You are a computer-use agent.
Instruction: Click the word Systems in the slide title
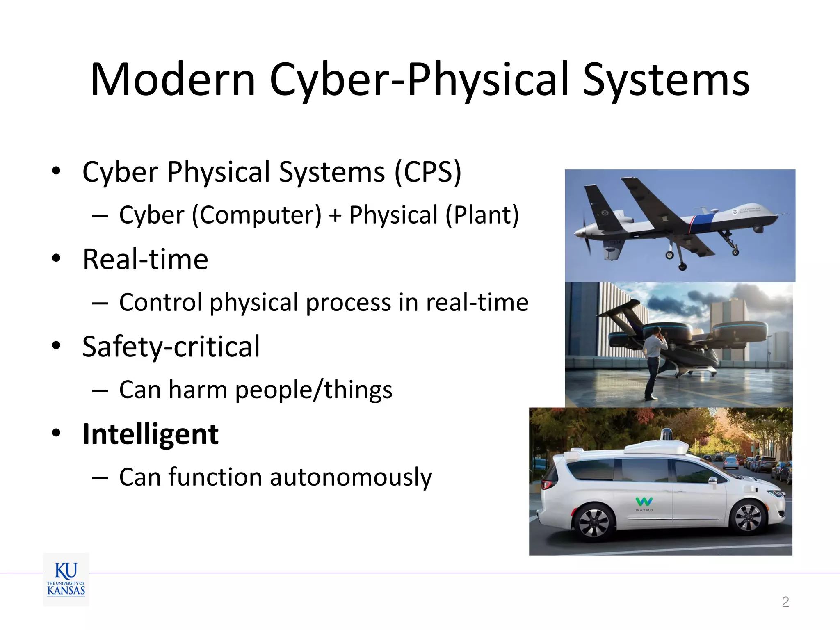coord(666,80)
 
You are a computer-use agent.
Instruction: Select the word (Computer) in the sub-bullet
coord(257,215)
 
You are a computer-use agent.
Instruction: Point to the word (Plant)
coord(482,215)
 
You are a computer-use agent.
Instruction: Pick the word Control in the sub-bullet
coord(160,303)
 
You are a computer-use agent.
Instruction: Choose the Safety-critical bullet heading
coord(171,347)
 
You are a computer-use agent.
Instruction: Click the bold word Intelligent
coord(151,434)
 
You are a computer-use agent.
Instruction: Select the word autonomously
coord(351,477)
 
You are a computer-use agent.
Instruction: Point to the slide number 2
coord(785,602)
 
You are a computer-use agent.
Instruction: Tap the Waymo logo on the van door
coord(644,503)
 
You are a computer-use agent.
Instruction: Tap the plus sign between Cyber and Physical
coord(335,216)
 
